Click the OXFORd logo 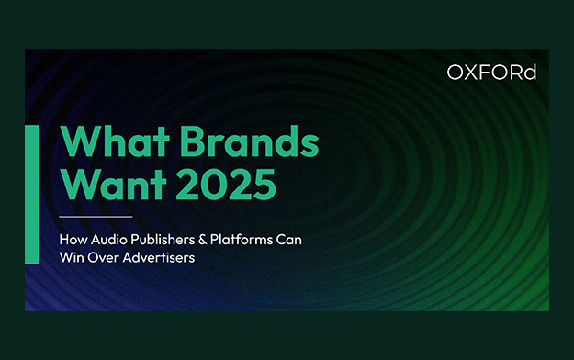point(491,73)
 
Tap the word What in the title point(115,141)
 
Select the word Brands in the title point(250,141)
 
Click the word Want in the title point(114,185)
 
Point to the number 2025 point(226,185)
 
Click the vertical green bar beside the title point(32,194)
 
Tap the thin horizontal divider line point(96,217)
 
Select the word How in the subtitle point(73,240)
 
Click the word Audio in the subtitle point(109,240)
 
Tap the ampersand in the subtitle point(202,240)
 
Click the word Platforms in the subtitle point(242,240)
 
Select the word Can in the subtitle point(288,240)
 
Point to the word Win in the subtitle point(72,257)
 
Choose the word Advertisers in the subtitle point(159,257)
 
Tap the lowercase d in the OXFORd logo point(531,73)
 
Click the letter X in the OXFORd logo point(473,73)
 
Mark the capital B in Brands point(192,141)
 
